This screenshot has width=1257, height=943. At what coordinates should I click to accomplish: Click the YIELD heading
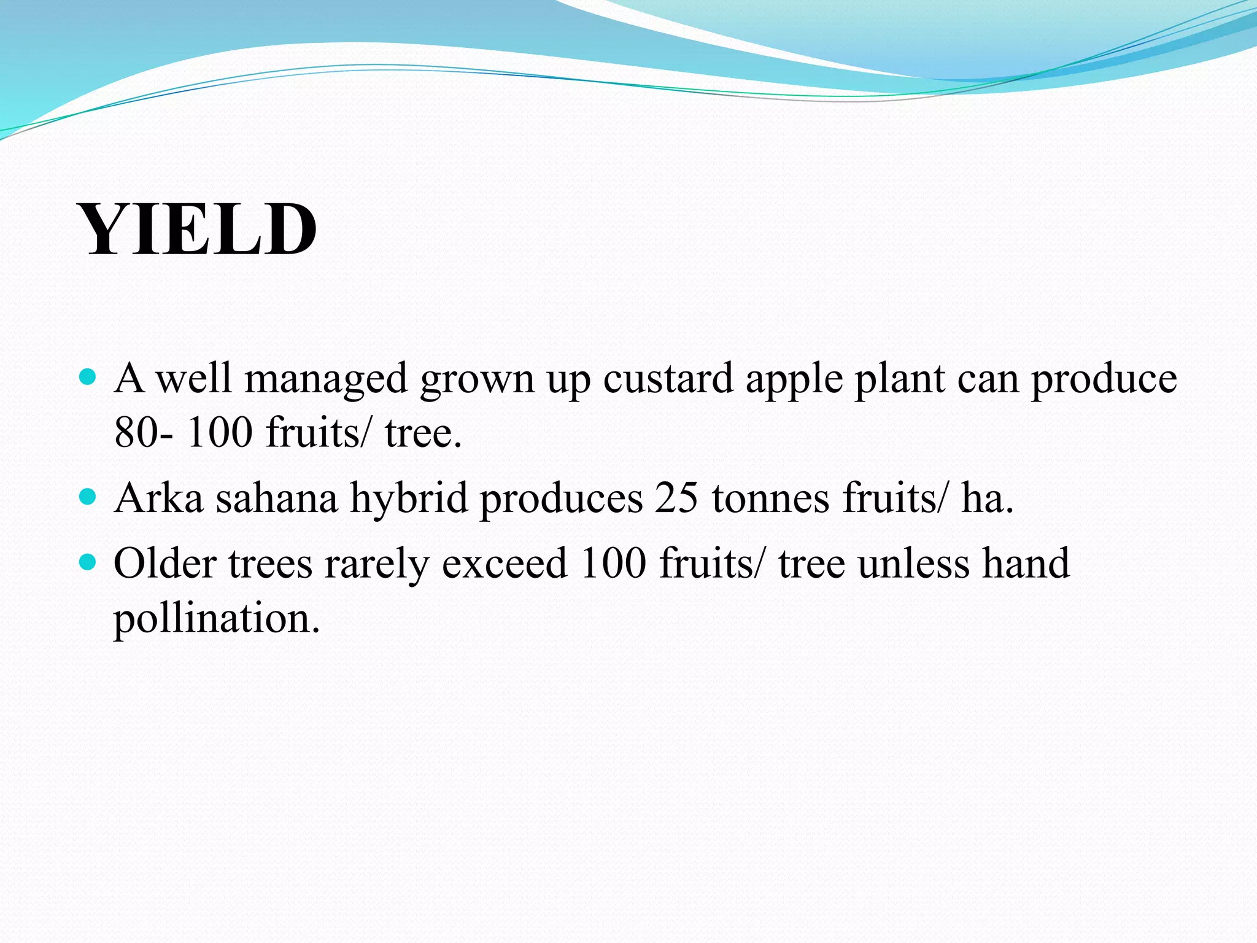[198, 230]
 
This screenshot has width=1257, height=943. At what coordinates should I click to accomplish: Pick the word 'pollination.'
[217, 619]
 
